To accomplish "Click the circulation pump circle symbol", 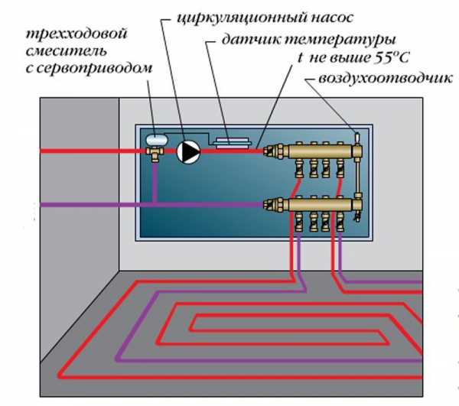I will pyautogui.click(x=187, y=151).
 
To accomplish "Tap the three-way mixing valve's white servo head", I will pyautogui.click(x=158, y=138).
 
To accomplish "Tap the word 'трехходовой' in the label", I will pyautogui.click(x=65, y=34).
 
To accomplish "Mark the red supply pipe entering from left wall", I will pyautogui.click(x=76, y=151).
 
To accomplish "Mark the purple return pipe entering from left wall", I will pyautogui.click(x=76, y=204).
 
